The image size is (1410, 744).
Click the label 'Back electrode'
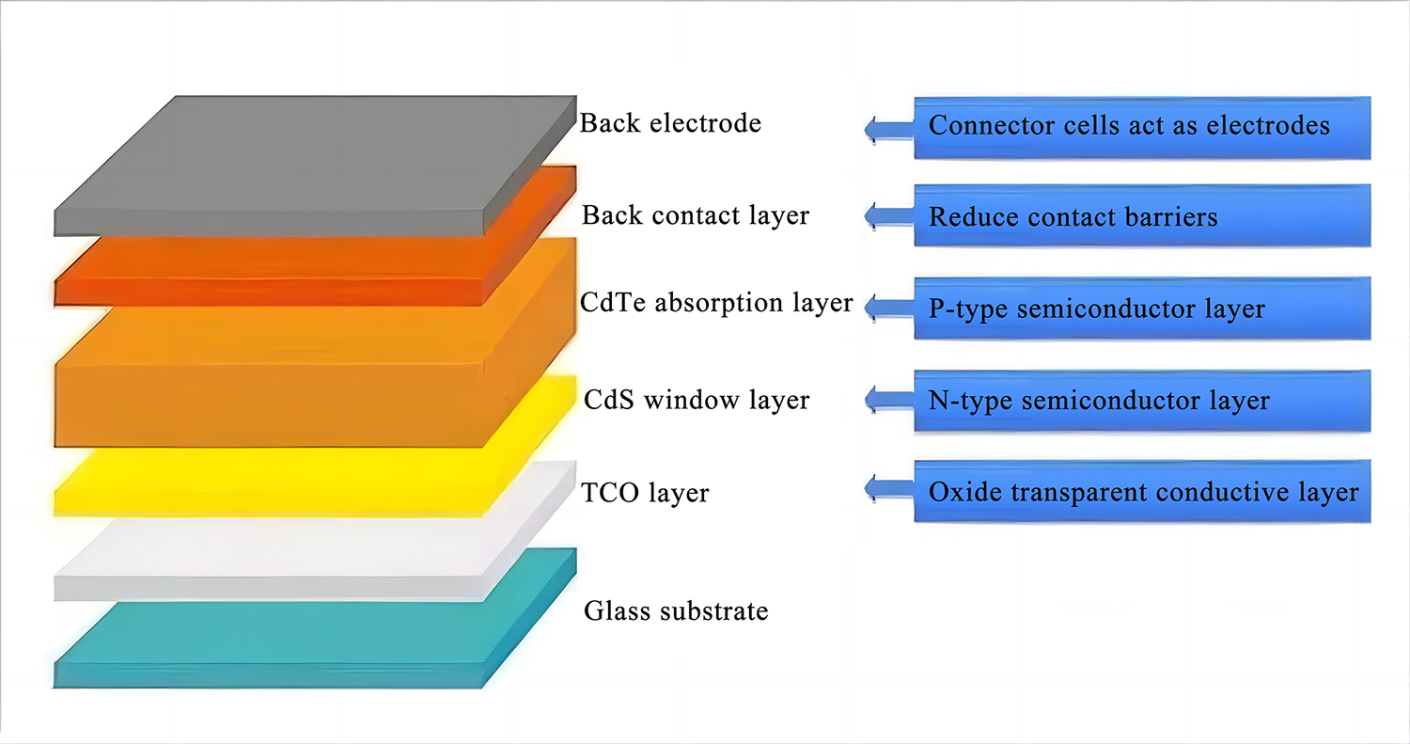670,123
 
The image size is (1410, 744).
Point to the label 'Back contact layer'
695,215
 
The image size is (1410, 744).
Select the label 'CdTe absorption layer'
716,303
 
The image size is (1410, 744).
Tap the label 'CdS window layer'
695,400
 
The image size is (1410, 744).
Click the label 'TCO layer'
646,493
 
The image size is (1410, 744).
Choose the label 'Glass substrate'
676,611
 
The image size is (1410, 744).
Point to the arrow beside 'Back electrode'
888,129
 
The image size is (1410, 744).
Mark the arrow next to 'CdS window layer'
888,399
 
